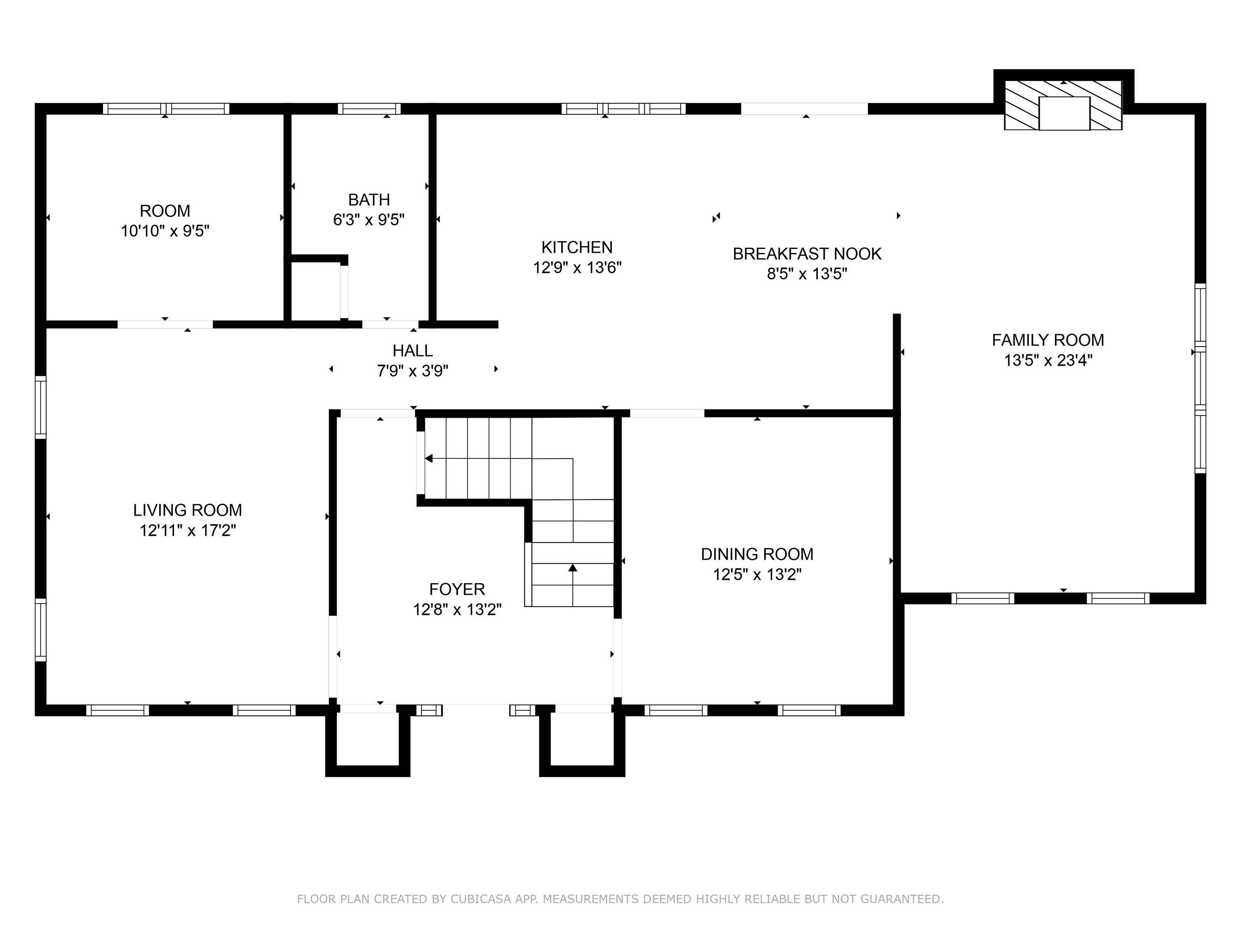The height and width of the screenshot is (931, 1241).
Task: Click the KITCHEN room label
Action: [x=577, y=247]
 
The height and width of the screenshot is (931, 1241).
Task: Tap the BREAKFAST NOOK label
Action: [x=807, y=254]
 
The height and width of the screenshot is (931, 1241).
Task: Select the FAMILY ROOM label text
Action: [x=1047, y=340]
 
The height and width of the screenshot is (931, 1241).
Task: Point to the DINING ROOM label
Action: [x=757, y=554]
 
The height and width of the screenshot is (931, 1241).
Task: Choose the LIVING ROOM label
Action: [x=187, y=510]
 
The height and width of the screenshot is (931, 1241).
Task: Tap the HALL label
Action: [x=412, y=351]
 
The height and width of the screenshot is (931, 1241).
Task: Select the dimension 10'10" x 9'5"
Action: [x=165, y=231]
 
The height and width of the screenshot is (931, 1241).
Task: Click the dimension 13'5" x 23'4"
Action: [x=1047, y=360]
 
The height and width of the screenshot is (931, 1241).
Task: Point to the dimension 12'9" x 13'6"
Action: [x=577, y=268]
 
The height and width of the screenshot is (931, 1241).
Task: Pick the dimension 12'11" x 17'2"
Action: [x=187, y=530]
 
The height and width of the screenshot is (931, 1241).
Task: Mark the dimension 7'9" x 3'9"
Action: [x=412, y=371]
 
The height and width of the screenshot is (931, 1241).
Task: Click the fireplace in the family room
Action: [x=1063, y=105]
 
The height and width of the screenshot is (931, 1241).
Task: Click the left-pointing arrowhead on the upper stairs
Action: [x=429, y=459]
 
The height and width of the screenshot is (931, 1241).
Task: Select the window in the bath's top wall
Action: [x=369, y=109]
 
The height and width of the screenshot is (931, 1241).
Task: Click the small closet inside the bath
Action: [x=316, y=291]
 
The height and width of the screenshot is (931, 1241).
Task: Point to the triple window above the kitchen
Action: [x=623, y=109]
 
